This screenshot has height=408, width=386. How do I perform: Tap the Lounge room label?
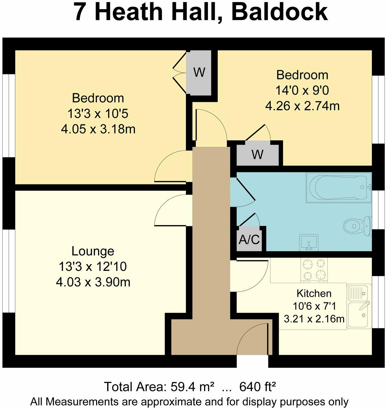pos(93,251)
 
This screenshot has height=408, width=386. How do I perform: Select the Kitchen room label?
pos(314,293)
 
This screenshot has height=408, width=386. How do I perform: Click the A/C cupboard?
pos(249,240)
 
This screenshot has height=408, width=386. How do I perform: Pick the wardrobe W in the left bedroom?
pos(199,73)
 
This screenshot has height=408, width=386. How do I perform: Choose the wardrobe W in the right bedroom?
pos(257,155)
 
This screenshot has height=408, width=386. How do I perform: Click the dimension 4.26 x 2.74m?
pos(302,106)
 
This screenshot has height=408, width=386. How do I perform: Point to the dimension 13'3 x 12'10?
pos(93,267)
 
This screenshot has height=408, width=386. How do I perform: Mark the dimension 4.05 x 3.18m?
pos(98,129)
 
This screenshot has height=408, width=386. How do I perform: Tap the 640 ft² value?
pos(258,387)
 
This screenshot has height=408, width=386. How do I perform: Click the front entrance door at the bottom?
pos(253,339)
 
